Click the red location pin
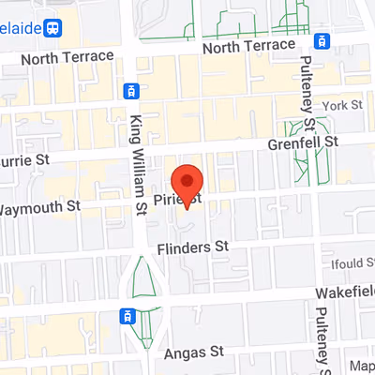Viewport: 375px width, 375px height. click(188, 184)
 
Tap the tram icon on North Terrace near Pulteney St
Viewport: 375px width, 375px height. click(323, 41)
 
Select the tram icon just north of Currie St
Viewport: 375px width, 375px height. click(130, 91)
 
